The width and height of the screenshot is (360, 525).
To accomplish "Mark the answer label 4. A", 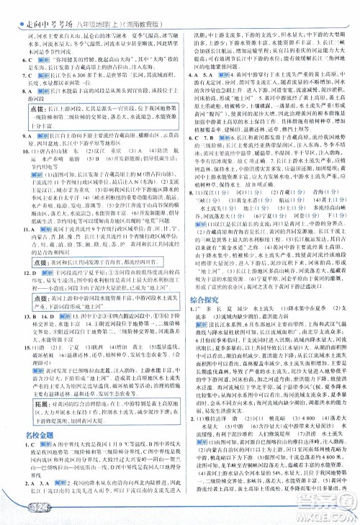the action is [193, 74].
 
